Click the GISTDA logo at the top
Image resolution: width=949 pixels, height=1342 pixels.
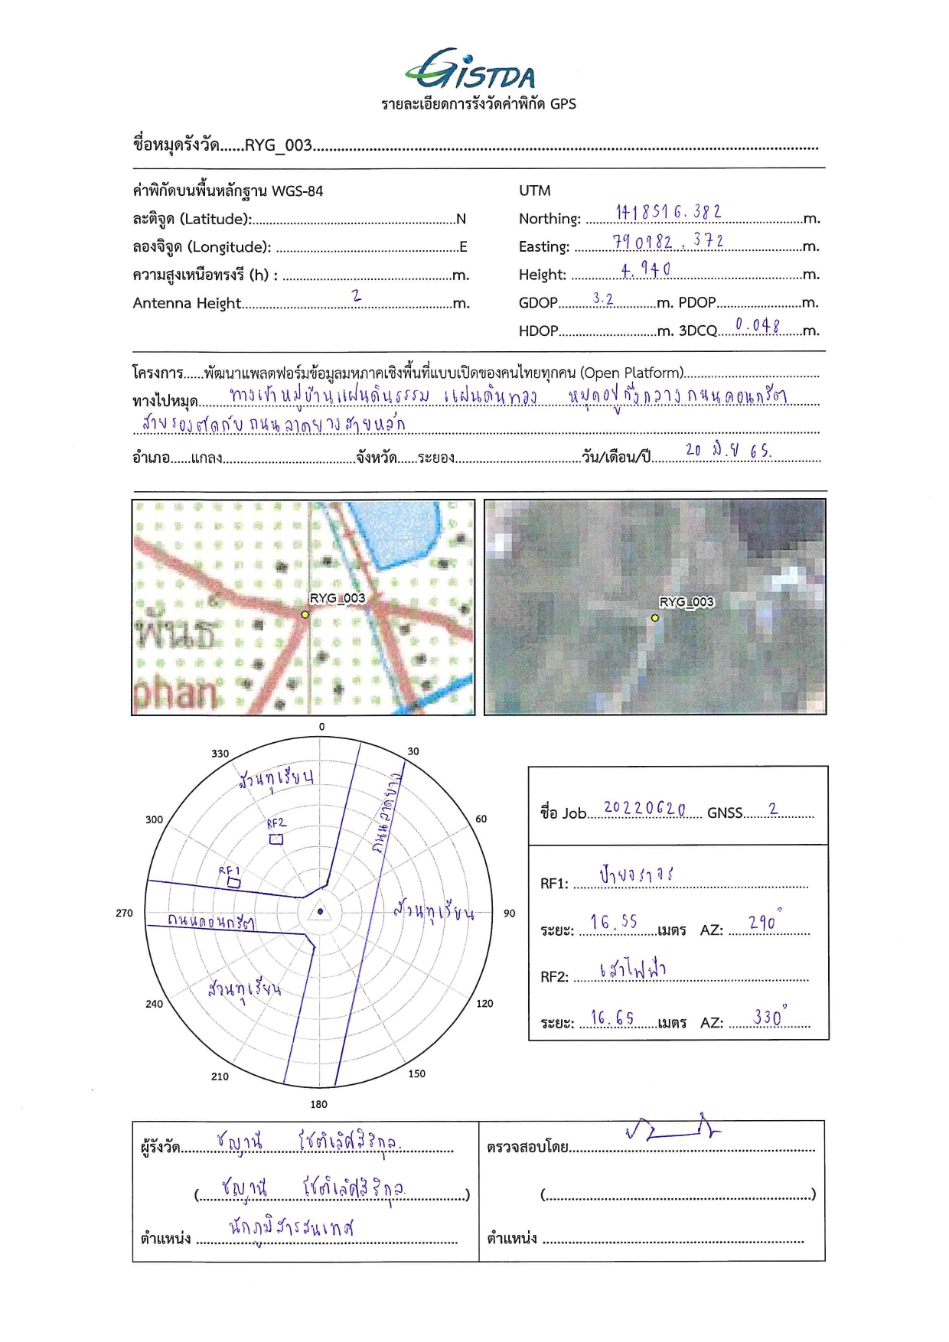(471, 70)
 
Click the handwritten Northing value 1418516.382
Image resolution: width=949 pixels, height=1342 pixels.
(668, 212)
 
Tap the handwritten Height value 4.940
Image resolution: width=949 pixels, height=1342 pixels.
(645, 269)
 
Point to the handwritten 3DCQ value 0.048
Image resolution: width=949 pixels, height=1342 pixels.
(757, 325)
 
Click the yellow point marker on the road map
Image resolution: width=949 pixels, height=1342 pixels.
(305, 614)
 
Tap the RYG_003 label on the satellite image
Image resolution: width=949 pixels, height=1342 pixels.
(686, 602)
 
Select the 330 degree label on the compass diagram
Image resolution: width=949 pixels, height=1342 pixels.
(220, 754)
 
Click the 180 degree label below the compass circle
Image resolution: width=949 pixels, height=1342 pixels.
(319, 1104)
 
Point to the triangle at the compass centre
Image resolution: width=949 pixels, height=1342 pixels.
(320, 911)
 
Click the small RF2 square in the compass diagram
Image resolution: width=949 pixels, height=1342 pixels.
(276, 839)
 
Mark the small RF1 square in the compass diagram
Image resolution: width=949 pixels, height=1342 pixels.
(233, 883)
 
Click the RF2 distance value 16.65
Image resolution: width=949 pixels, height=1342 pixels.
(612, 1018)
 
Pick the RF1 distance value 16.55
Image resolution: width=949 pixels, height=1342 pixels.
(613, 923)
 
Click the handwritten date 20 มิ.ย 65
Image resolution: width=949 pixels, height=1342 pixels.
(728, 451)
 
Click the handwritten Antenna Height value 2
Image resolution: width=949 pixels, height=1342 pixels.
(356, 295)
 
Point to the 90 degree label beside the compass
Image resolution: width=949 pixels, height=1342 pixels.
(510, 914)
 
